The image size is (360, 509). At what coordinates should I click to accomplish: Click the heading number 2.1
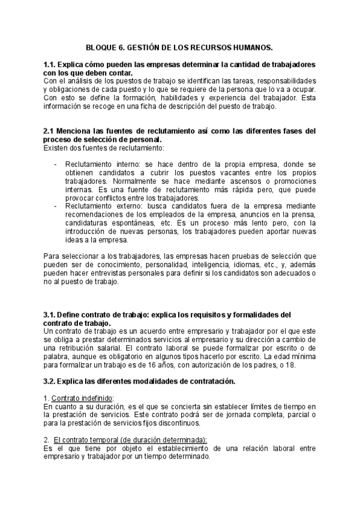click(x=50, y=131)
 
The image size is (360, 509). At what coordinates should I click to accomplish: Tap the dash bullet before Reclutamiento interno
click(x=55, y=164)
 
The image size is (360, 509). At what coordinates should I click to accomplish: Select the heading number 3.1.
click(x=50, y=314)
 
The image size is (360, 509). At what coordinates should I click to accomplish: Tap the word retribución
click(x=79, y=348)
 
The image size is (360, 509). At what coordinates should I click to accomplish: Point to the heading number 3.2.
click(x=50, y=381)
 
